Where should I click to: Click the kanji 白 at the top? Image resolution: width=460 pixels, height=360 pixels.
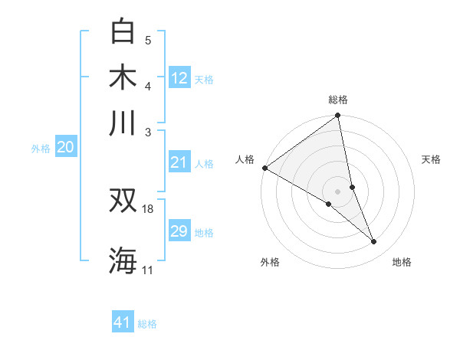point(123,31)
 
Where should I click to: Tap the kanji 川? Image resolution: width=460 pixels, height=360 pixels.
point(123,123)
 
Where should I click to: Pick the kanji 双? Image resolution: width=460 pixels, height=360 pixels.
point(123,201)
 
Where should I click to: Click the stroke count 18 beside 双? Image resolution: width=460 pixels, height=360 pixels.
point(149,208)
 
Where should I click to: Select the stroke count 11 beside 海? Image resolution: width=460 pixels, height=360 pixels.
point(148,270)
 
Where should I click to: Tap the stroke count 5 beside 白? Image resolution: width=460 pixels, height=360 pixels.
point(148,41)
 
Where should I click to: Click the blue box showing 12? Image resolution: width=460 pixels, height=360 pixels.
point(179,77)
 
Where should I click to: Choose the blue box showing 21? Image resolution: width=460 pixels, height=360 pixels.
point(179,162)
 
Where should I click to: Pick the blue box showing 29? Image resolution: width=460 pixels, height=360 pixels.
point(179,231)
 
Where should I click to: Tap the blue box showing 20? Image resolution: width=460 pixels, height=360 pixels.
point(65,148)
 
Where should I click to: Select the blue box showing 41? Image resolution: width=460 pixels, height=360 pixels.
point(123,322)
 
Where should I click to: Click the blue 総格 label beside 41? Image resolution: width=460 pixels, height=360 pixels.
point(147,324)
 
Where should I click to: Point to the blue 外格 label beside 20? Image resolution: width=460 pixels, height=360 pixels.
point(41,149)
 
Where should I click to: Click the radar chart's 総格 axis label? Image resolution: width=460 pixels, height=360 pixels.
point(338,100)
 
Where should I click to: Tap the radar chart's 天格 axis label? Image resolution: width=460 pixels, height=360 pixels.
point(432,159)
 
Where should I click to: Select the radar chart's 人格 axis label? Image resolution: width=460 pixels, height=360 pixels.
point(245,159)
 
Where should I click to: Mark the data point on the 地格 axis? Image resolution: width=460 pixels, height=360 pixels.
point(374,242)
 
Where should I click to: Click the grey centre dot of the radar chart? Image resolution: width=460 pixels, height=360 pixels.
point(338,191)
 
